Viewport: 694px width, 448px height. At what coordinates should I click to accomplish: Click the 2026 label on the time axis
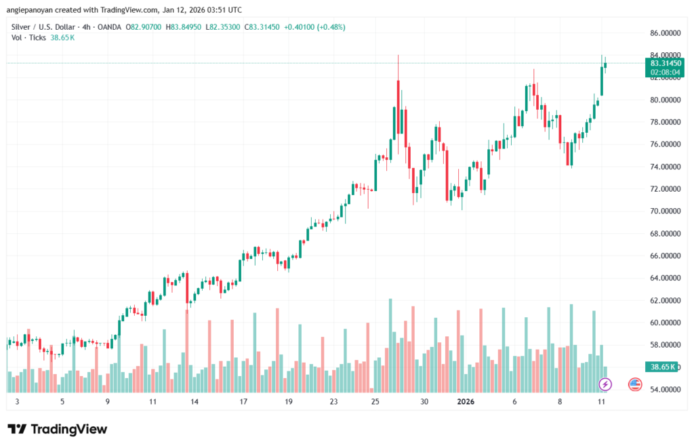[x=466, y=401]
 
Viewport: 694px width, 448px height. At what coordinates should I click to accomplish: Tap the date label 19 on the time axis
[x=288, y=401]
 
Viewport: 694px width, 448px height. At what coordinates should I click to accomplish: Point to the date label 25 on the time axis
[x=375, y=401]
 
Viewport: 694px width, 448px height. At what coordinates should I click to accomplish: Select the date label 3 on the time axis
[x=17, y=401]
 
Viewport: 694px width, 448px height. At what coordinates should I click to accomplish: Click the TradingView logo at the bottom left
[x=57, y=429]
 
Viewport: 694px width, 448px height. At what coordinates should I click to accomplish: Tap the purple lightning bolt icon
[x=606, y=384]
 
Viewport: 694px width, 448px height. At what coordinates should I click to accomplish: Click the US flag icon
[x=635, y=384]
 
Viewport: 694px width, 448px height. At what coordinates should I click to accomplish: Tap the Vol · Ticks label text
[x=28, y=37]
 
